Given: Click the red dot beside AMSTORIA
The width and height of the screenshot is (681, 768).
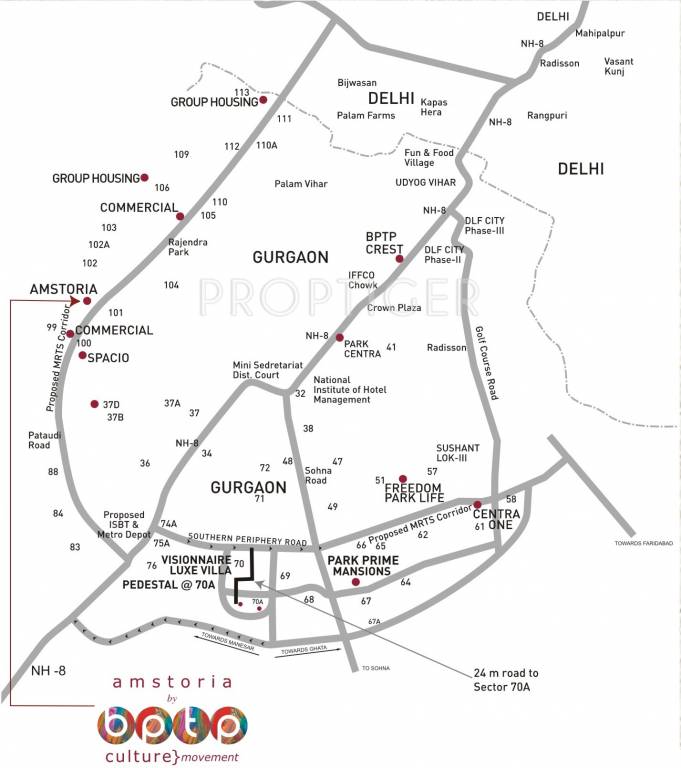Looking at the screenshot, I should coord(88,300).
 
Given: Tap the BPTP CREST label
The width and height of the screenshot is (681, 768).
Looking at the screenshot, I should coord(384,243).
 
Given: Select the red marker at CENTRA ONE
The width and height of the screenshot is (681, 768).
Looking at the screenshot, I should coord(477,504).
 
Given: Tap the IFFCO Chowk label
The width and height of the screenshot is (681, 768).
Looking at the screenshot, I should coord(362,279).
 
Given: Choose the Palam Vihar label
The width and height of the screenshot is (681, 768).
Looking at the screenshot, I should coord(301,184).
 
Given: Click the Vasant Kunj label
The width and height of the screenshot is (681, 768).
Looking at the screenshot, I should coord(618,67).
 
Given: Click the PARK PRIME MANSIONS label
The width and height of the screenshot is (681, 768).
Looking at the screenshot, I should coord(356,566).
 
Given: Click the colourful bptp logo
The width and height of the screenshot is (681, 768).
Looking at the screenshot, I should coord(171,723).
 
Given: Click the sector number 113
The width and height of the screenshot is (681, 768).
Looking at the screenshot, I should coord(270,92).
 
